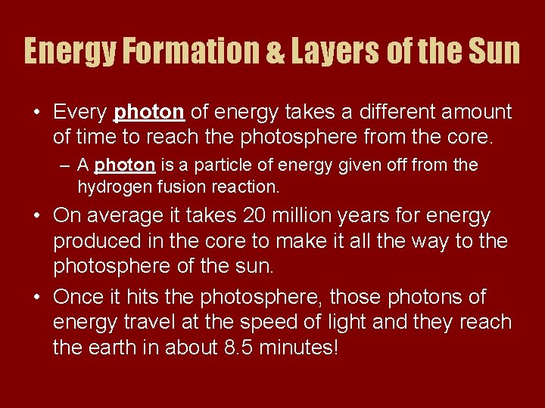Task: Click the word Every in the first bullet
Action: pyautogui.click(x=79, y=113)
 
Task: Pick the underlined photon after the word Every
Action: pyautogui.click(x=148, y=113)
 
